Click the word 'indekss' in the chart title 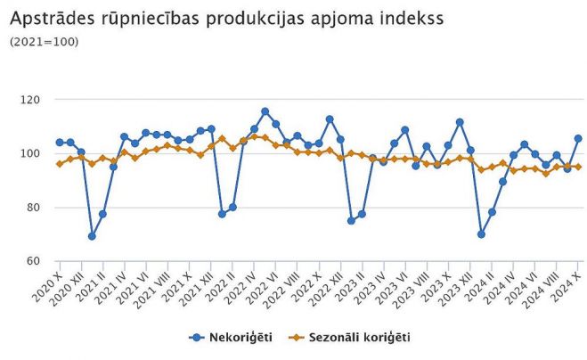click(405, 17)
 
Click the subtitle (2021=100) click(43, 41)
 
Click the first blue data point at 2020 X click(60, 142)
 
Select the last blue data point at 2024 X click(578, 138)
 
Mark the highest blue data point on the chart click(265, 111)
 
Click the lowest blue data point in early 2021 click(92, 236)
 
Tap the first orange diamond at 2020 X click(60, 164)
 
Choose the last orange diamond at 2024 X click(578, 167)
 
